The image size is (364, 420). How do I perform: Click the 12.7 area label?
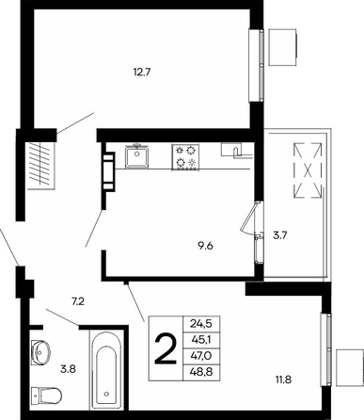tap(142, 73)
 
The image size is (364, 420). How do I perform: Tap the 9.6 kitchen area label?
tap(205, 246)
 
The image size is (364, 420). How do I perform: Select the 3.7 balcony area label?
tap(280, 235)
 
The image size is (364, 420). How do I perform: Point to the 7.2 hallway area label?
tap(78, 302)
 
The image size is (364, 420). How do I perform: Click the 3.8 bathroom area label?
tap(68, 369)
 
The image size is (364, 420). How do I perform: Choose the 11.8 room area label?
tap(283, 380)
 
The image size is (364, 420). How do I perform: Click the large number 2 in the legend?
tap(166, 348)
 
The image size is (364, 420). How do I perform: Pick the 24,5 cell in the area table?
tap(201, 323)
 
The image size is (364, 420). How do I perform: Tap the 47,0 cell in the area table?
tap(201, 356)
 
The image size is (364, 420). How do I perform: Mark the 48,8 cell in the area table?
tap(201, 372)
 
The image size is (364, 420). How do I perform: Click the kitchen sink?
tap(136, 156)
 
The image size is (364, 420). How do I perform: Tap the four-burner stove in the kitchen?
tap(185, 157)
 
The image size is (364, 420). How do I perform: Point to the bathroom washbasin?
tap(40, 351)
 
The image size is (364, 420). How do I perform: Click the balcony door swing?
tap(250, 218)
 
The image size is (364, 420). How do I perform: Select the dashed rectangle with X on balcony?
tap(308, 170)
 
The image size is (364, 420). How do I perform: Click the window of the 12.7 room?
tap(257, 65)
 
